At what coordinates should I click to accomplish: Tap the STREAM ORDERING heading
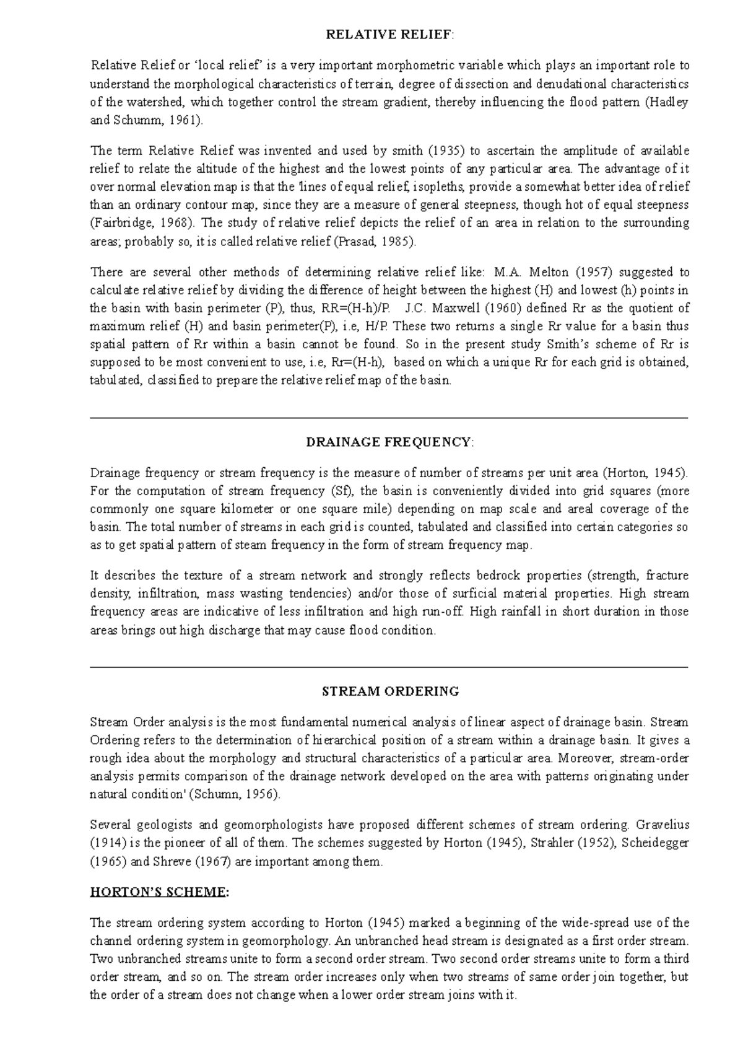coord(390,691)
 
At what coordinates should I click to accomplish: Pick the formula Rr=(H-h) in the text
coord(352,362)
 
